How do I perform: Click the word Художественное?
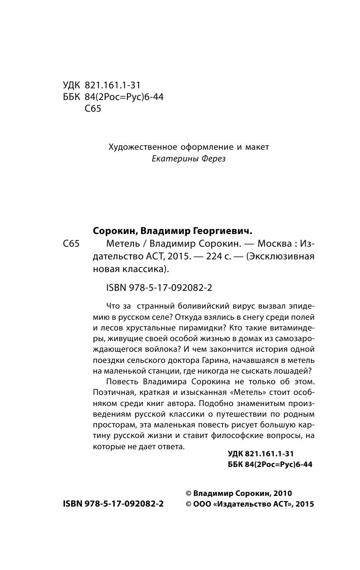pos(141,147)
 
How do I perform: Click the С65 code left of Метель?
pos(72,243)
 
